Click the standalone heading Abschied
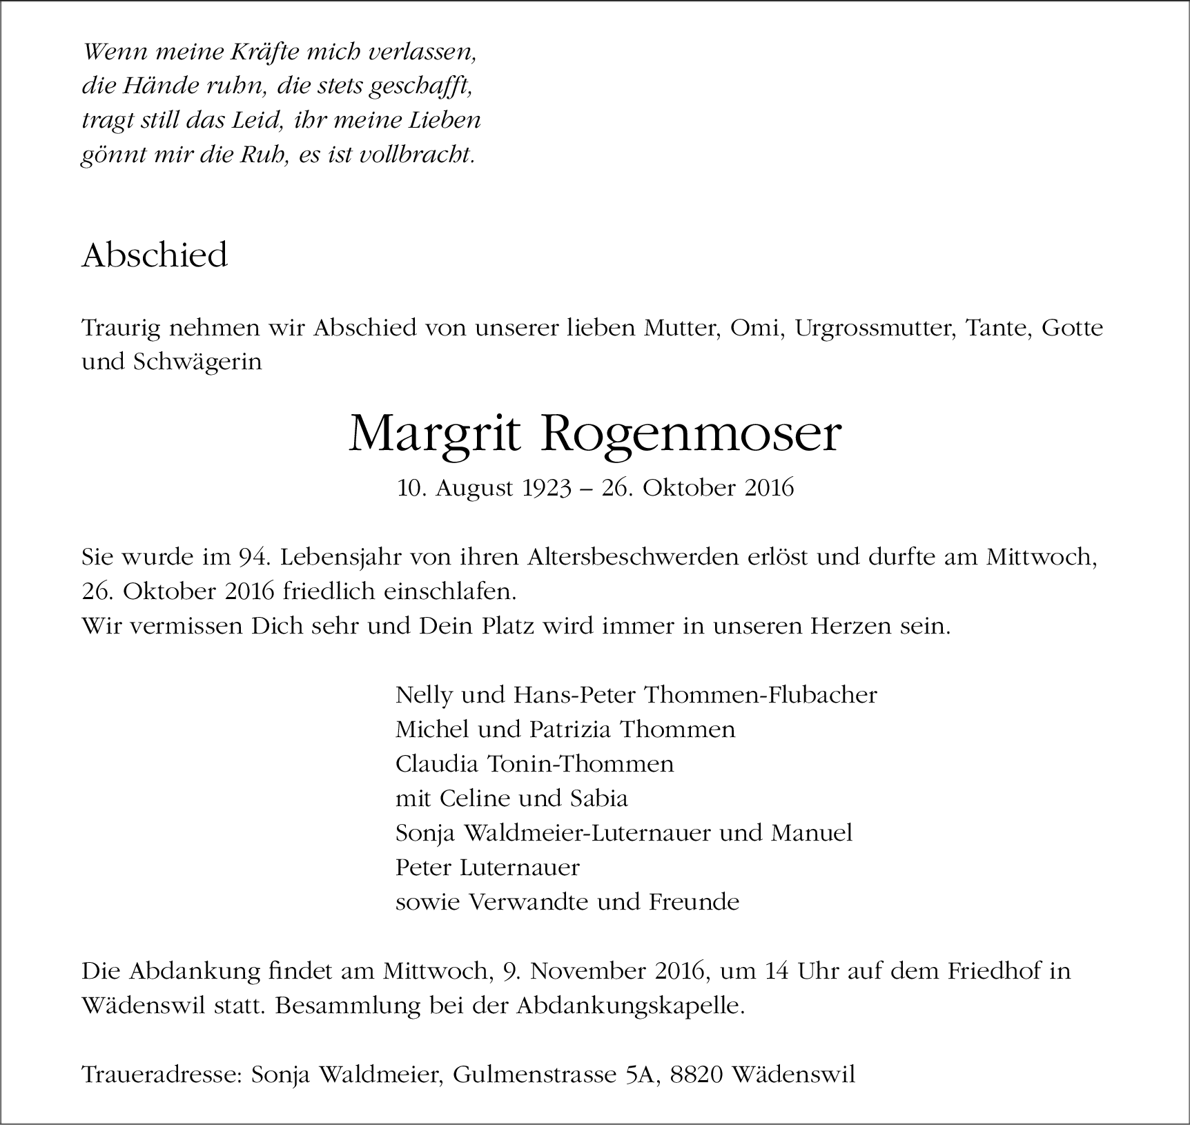point(155,256)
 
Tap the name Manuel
point(812,833)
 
